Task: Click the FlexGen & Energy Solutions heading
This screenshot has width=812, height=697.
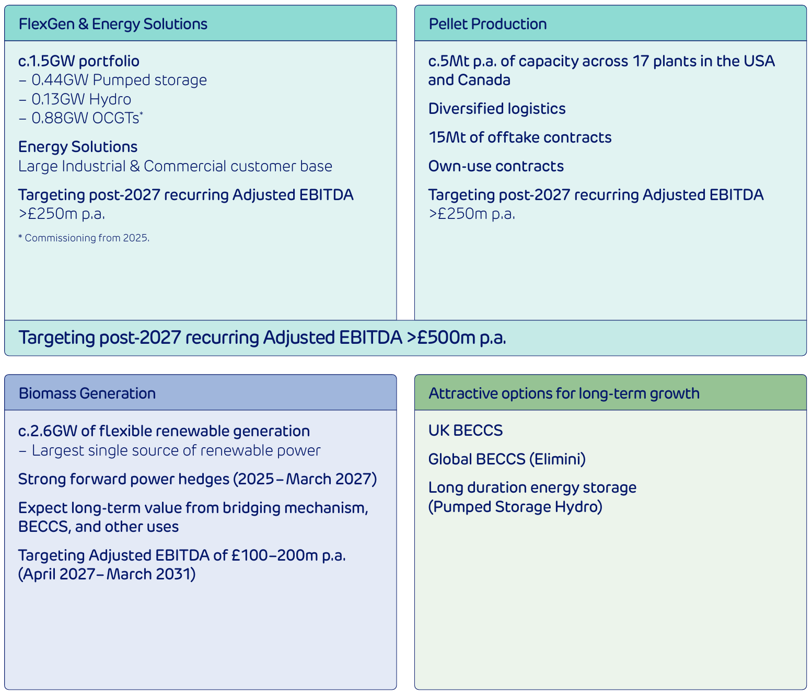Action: (113, 24)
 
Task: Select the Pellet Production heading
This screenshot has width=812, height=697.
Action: (488, 24)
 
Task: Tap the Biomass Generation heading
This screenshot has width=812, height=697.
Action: (87, 393)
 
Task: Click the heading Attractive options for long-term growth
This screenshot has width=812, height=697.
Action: (564, 393)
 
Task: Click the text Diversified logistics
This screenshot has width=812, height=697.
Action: (497, 109)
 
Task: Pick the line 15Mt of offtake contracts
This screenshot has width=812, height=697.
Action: (520, 137)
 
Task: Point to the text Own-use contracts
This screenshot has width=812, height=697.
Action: (496, 166)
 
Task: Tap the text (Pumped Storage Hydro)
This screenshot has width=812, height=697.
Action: (515, 507)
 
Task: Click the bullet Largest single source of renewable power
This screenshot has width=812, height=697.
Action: (176, 450)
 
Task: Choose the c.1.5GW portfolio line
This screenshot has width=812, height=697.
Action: (79, 61)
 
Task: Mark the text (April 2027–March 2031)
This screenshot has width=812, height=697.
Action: (107, 574)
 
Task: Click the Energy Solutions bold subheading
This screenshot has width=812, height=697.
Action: (78, 147)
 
